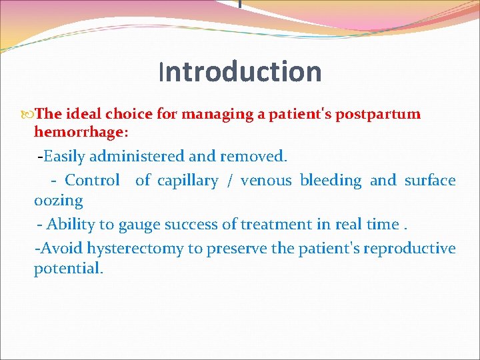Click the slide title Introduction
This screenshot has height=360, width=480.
240,72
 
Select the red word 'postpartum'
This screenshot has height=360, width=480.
378,114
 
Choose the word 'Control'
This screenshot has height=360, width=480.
92,180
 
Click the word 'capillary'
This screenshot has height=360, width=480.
187,181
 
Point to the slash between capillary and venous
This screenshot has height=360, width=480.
229,181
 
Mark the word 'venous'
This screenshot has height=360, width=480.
266,181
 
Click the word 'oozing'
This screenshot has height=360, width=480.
58,201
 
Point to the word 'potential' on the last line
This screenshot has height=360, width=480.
67,269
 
